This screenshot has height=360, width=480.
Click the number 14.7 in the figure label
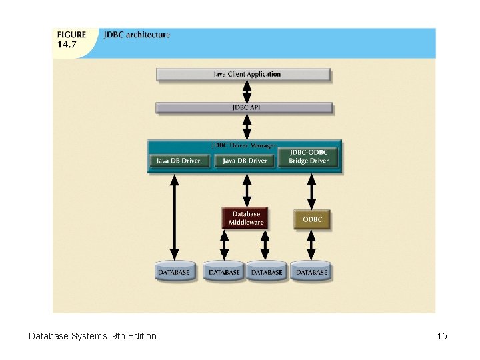point(67,45)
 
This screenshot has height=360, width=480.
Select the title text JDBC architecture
point(137,35)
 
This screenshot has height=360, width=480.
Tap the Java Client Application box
point(243,74)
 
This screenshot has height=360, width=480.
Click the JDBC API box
point(243,107)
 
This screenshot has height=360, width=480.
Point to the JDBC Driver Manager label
point(243,145)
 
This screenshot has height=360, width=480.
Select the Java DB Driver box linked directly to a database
point(179,161)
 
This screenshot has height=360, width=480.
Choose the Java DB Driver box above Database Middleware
point(245,161)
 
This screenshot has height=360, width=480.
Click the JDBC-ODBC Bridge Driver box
point(309,157)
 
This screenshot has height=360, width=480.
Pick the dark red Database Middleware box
point(245,218)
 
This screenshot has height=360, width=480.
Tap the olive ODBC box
point(311,219)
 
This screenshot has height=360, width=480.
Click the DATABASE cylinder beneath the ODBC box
point(311,271)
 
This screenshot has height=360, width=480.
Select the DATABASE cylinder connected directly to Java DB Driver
point(173,271)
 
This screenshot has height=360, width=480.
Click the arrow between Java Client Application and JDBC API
point(247,91)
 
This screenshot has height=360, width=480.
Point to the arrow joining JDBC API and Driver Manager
point(247,126)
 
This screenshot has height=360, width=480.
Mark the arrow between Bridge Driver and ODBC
point(311,192)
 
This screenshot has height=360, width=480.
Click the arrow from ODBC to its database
point(311,245)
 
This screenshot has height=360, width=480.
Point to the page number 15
point(442,336)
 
